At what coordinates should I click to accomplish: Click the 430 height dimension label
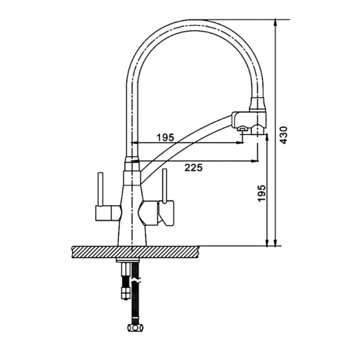(284, 135)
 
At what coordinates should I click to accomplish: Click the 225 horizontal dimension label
(194, 168)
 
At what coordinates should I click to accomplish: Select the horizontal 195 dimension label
(166, 137)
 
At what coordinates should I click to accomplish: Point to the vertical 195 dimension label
(262, 193)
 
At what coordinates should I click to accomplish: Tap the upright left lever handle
(100, 189)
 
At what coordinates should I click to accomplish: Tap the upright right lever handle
(164, 186)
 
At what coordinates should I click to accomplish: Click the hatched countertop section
(135, 252)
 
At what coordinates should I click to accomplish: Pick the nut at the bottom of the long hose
(135, 326)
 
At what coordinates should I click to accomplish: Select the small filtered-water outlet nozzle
(242, 130)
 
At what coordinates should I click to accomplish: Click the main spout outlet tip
(257, 131)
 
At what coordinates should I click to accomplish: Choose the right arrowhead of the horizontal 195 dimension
(241, 143)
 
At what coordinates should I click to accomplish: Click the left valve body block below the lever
(108, 213)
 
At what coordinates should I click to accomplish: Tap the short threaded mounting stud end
(125, 293)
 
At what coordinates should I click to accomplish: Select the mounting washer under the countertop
(128, 260)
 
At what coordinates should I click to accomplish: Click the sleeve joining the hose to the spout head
(258, 104)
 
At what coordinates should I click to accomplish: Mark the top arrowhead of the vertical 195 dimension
(267, 137)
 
